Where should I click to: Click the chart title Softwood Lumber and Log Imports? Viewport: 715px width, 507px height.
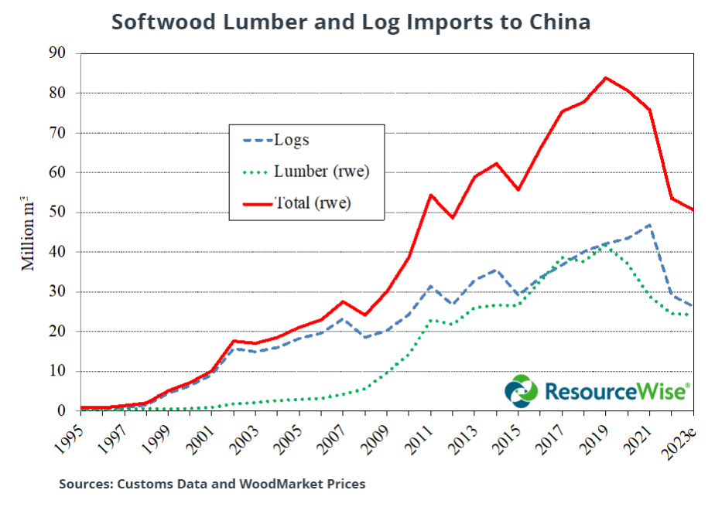[351, 22]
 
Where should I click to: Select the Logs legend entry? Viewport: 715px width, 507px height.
[292, 141]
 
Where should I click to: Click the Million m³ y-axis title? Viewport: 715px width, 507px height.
[29, 232]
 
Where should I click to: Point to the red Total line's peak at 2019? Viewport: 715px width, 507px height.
[606, 77]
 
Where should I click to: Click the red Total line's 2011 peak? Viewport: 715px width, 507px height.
[430, 195]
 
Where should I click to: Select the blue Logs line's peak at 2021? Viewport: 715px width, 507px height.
[649, 225]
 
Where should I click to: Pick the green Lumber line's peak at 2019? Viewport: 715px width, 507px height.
[606, 247]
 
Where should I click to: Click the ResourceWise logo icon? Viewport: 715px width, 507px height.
[521, 391]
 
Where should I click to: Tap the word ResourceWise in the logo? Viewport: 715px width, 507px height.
[615, 391]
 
